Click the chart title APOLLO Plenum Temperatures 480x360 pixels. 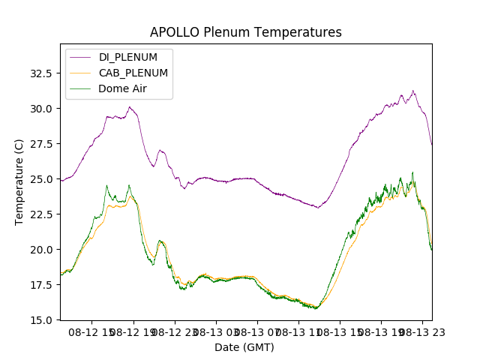pyautogui.click(x=245, y=32)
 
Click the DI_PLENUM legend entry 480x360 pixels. pyautogui.click(x=128, y=58)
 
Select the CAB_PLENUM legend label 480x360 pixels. pyautogui.click(x=133, y=73)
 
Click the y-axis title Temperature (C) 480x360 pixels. pyautogui.click(x=19, y=182)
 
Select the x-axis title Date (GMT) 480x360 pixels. pyautogui.click(x=244, y=347)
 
